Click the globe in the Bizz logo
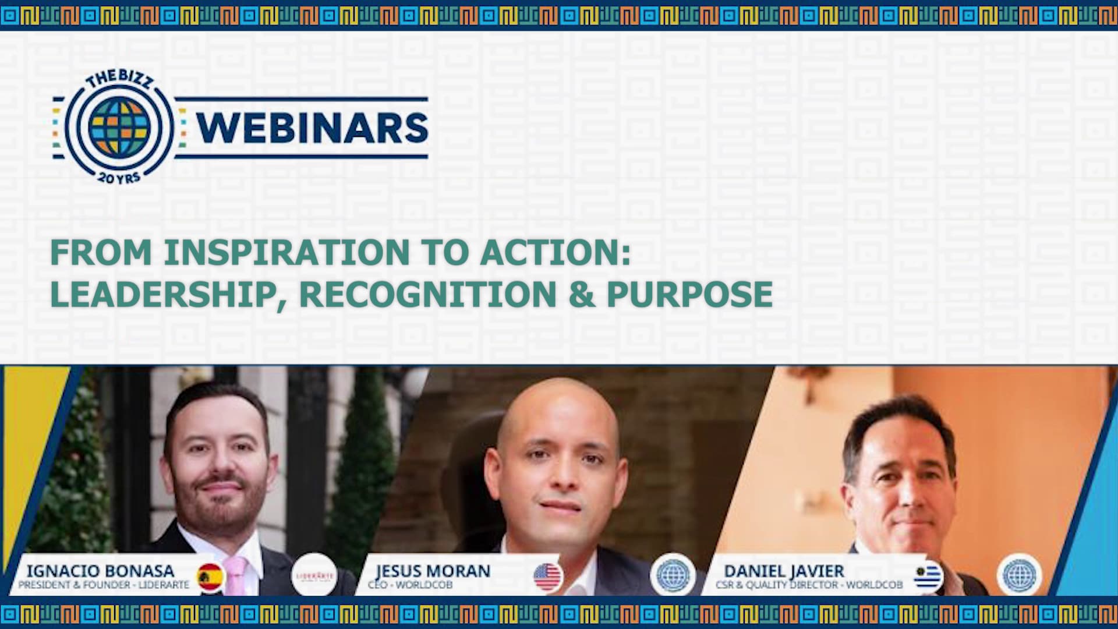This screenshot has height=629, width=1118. [119, 126]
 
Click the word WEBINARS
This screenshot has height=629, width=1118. [312, 128]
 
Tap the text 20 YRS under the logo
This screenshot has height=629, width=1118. [119, 177]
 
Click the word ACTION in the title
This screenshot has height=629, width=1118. [551, 253]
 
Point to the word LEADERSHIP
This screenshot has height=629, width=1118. [162, 294]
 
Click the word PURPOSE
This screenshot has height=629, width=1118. [689, 294]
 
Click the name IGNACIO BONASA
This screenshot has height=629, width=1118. [100, 571]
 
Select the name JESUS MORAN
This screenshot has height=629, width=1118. [433, 571]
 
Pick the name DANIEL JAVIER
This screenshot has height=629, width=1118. [784, 571]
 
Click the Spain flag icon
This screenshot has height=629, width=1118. [210, 577]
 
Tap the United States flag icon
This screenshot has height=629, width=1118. [547, 577]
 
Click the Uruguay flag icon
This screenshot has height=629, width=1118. [928, 577]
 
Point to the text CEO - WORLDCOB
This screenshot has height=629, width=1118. [410, 585]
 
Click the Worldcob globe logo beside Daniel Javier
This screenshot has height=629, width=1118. [1020, 575]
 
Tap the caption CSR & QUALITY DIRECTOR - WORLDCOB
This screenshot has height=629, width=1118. [809, 585]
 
